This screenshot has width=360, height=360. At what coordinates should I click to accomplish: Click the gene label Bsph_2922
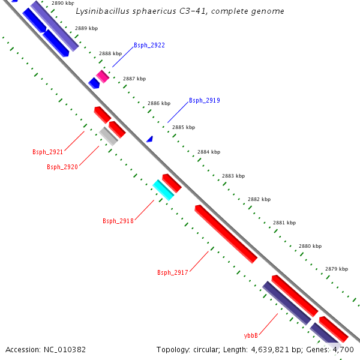(149, 45)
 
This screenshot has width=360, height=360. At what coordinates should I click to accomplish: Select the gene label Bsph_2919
(204, 100)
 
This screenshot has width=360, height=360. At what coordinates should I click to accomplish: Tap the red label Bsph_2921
(47, 152)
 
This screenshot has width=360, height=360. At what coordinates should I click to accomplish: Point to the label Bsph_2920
(62, 167)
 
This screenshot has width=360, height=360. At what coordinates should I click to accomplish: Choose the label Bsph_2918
(118, 221)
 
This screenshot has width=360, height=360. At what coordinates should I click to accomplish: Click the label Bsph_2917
(173, 272)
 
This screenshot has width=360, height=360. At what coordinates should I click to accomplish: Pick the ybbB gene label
(251, 335)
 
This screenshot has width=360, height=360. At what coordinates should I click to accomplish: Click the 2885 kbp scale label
(184, 127)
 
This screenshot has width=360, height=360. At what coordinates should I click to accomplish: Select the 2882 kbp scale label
(259, 199)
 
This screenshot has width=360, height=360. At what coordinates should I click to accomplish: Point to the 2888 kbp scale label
(110, 53)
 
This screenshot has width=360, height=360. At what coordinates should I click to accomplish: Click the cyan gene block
(163, 190)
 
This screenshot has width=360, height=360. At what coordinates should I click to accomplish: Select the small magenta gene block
(103, 76)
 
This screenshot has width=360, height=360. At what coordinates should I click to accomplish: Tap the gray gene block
(109, 136)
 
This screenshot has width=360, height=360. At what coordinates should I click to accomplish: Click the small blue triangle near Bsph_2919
(150, 139)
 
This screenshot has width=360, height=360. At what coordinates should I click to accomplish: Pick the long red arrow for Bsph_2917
(226, 233)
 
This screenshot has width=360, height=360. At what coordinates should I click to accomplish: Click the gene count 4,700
(346, 349)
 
